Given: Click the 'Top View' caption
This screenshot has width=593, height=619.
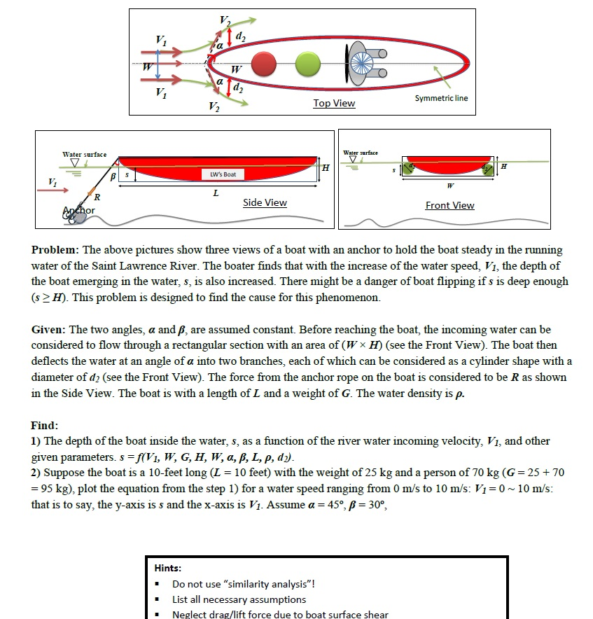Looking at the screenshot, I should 334,104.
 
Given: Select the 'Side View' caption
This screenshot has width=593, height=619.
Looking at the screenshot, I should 265,203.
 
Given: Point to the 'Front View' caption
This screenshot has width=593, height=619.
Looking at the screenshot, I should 449,205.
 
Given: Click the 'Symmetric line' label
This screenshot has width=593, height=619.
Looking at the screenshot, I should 441,98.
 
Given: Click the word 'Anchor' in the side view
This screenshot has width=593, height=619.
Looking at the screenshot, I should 79,210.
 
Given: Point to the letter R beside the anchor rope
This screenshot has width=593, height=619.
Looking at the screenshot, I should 97,198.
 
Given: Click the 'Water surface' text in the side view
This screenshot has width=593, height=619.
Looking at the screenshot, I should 85,154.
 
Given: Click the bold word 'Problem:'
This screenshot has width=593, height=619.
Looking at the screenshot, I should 55,250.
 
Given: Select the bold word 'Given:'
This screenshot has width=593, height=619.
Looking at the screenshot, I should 49,329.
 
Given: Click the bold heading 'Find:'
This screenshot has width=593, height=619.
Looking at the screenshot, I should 44,426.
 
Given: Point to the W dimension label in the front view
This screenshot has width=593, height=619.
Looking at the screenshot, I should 449,187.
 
